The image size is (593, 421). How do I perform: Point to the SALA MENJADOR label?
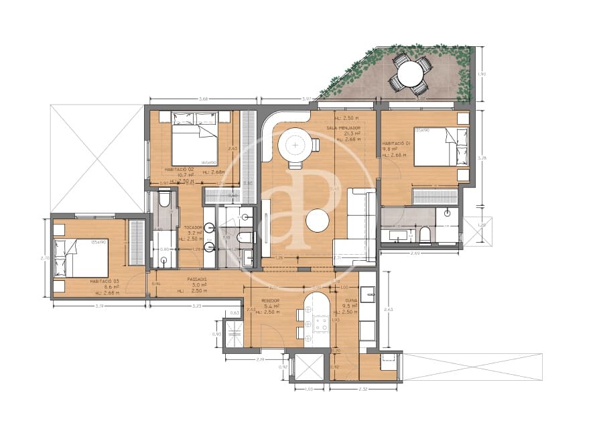[344, 128]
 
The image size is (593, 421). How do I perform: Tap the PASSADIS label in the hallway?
[197, 279]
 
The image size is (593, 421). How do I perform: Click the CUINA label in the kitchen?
[348, 301]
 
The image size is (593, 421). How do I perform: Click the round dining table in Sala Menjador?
[295, 143]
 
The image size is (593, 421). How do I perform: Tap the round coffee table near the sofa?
[317, 221]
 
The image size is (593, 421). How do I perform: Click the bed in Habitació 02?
[194, 141]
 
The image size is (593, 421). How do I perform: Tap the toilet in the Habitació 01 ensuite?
[425, 235]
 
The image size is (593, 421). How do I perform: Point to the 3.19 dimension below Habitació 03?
[99, 306]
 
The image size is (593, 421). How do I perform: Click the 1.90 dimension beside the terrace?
[480, 74]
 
